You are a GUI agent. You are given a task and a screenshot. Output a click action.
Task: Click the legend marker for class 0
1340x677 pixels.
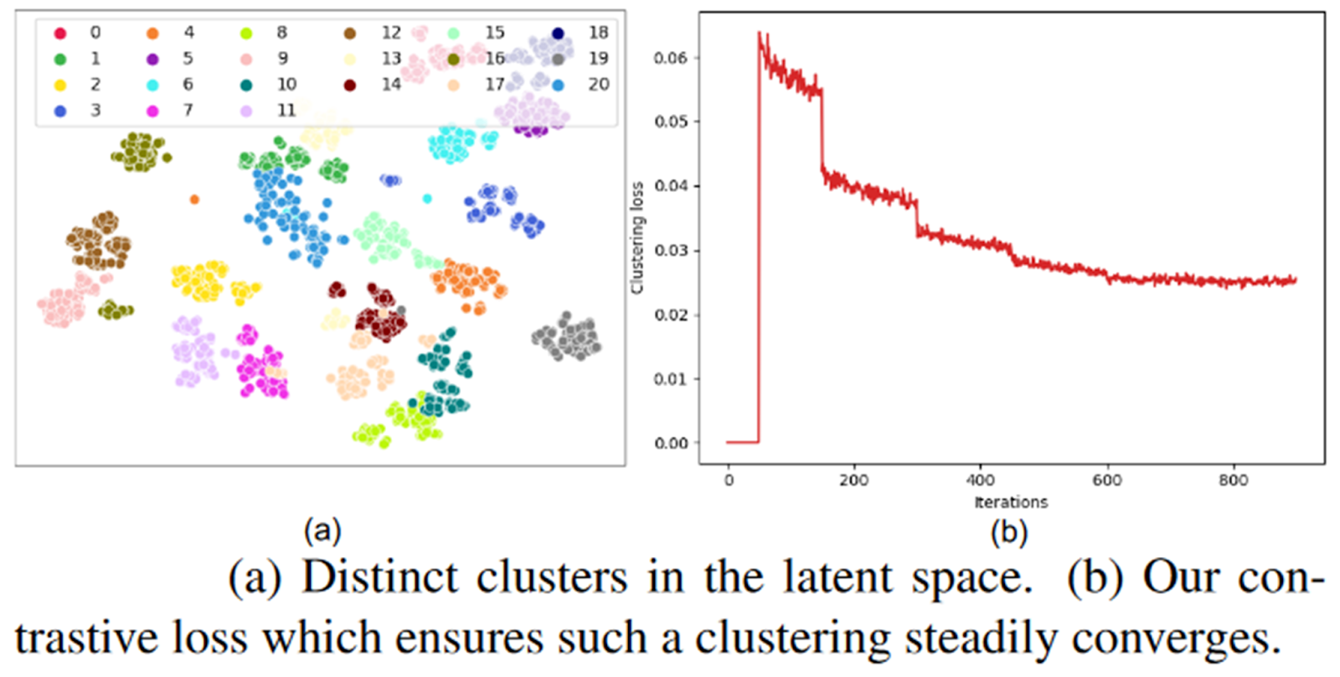[x=60, y=34]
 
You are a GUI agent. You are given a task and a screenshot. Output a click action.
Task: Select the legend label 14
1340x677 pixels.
[x=391, y=85]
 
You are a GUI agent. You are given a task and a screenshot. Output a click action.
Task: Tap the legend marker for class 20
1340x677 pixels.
[x=558, y=85]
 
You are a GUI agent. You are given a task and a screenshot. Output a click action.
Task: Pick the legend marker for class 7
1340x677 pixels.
[x=152, y=111]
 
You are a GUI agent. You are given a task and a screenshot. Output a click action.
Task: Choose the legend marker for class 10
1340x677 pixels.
[x=246, y=85]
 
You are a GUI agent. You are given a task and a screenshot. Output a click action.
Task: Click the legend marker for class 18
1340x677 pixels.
[x=558, y=34]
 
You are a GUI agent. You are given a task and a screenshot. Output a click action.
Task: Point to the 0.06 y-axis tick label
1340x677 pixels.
[x=671, y=58]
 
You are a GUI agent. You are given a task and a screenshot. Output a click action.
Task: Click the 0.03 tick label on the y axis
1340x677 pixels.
[x=671, y=251]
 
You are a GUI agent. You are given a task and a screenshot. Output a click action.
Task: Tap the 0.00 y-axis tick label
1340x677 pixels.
[x=671, y=443]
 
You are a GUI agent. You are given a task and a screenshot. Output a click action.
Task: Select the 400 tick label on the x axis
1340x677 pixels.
[x=981, y=480]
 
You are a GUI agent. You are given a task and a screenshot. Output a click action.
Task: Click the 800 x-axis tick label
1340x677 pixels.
[x=1233, y=480]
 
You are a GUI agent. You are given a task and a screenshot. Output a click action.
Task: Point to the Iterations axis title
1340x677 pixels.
[x=1011, y=502]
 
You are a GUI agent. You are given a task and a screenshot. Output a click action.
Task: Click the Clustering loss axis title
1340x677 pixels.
[x=637, y=238]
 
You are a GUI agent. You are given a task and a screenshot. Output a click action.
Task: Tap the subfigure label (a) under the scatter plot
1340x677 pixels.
[x=322, y=530]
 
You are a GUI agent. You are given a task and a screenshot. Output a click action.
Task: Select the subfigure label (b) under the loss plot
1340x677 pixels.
[x=1009, y=532]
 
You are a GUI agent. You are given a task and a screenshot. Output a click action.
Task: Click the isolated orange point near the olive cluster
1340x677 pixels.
[x=194, y=199]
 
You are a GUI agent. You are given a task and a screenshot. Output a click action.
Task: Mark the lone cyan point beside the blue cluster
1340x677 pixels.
[x=427, y=199]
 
